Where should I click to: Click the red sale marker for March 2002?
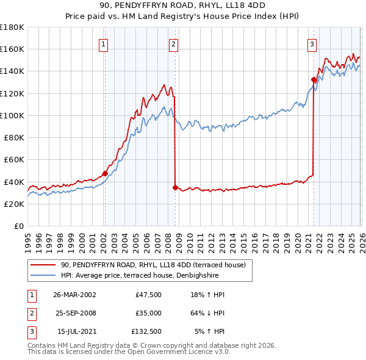(x=105, y=173)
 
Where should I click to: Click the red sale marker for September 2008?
(x=175, y=187)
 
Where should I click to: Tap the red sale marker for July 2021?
(x=314, y=79)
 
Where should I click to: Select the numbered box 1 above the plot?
(x=104, y=44)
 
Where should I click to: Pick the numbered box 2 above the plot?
(x=174, y=44)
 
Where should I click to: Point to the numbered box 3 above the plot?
(x=312, y=44)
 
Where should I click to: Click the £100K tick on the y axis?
(x=12, y=115)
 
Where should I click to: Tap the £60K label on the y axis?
(x=14, y=160)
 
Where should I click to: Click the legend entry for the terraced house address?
(x=152, y=265)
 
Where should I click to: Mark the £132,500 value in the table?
(x=146, y=331)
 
